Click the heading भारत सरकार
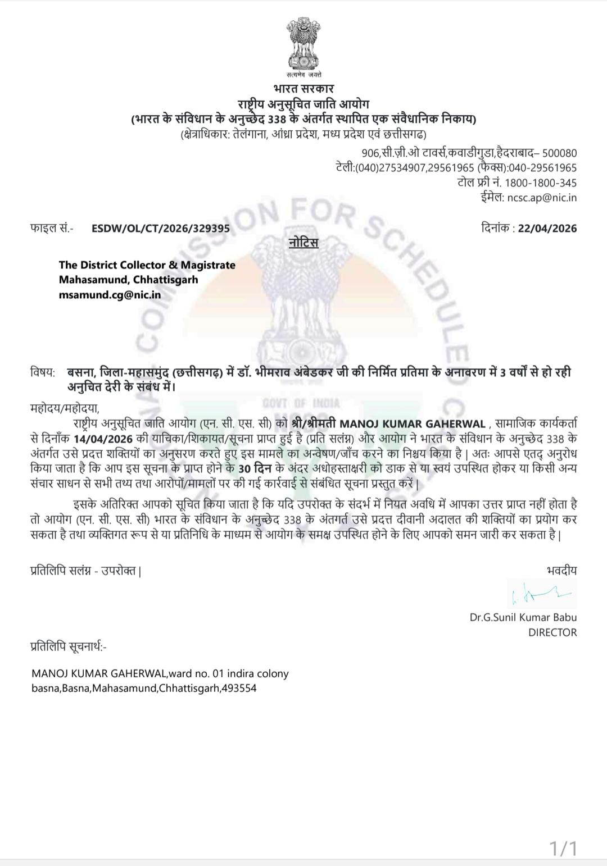303,89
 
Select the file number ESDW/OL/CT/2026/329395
161,229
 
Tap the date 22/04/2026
547,229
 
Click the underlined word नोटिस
303,243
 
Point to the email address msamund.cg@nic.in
110,294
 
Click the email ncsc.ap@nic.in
541,198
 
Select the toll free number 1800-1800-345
540,183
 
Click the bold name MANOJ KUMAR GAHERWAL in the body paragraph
414,423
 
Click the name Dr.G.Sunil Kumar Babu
523,617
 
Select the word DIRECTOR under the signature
552,632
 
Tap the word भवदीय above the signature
561,571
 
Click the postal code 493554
239,688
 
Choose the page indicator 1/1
563,848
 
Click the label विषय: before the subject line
43,372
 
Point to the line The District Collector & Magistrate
147,265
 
